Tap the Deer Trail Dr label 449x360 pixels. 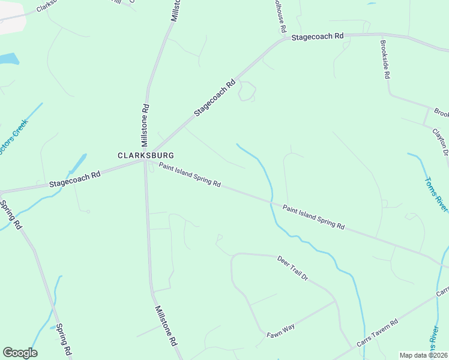click(x=292, y=269)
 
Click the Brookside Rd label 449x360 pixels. click(x=385, y=59)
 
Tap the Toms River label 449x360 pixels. click(x=436, y=193)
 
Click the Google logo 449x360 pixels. click(x=20, y=353)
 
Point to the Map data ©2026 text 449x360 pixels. click(x=424, y=355)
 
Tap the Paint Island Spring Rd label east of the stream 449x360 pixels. click(x=314, y=217)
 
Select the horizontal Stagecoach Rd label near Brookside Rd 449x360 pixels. click(x=318, y=37)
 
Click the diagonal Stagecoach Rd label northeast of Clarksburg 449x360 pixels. click(x=213, y=99)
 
